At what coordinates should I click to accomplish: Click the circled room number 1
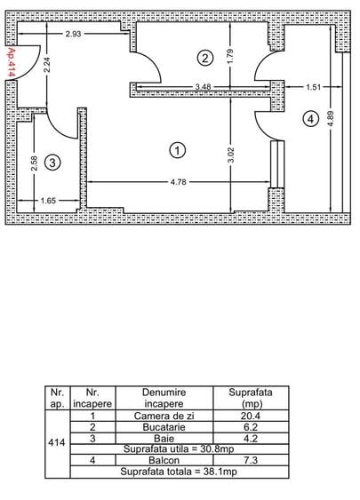pos(177,150)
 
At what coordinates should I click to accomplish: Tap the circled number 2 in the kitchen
pos(204,59)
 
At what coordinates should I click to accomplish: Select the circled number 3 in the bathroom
pos(52,163)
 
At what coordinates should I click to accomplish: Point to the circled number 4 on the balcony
pos(310,119)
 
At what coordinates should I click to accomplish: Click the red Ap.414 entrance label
pos(12,62)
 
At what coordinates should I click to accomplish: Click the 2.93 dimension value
pos(74,34)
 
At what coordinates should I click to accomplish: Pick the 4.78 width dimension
pos(178,182)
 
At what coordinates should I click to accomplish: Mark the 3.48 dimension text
pos(203,87)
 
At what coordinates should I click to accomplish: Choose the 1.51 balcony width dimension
pos(314,87)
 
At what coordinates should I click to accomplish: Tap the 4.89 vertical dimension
pos(331,119)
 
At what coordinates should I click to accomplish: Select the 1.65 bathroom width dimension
pos(49,201)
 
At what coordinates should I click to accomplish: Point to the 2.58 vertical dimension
pos(34,163)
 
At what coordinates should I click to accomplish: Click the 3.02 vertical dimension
pos(231,155)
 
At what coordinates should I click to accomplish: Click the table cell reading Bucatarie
pos(164,427)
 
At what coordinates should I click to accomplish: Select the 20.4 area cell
pos(251,416)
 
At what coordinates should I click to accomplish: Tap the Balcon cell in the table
pos(164,460)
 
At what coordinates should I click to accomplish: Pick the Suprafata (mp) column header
pos(251,398)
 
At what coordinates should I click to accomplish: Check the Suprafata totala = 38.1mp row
pos(179,472)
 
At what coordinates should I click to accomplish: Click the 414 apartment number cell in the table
pos(57,442)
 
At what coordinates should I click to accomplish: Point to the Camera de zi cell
pos(164,416)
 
